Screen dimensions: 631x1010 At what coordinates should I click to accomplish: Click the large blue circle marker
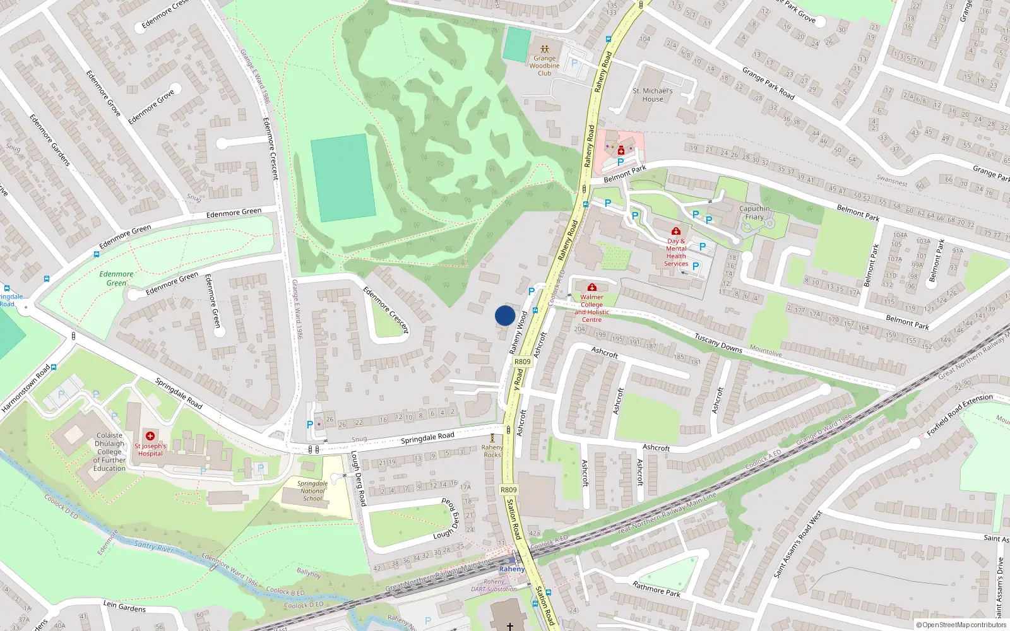tap(505, 315)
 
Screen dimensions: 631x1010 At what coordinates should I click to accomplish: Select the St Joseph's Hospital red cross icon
tap(150, 435)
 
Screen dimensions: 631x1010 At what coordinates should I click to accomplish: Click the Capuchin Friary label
tap(754, 213)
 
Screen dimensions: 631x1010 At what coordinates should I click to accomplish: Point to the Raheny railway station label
tap(511, 569)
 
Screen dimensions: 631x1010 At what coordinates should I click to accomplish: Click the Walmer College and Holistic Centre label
tap(591, 308)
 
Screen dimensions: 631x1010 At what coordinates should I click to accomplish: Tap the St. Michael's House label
tap(653, 95)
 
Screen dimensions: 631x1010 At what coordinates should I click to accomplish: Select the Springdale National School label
tap(312, 491)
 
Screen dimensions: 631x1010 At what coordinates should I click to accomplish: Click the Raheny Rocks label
tap(492, 451)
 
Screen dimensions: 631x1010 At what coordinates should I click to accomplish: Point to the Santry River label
tap(153, 546)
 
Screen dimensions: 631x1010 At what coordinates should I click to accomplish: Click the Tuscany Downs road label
tap(718, 343)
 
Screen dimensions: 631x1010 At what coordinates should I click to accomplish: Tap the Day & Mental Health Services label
tap(676, 252)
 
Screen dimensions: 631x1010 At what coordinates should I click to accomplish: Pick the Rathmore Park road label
tap(656, 589)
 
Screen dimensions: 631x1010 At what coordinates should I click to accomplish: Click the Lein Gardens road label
tap(124, 607)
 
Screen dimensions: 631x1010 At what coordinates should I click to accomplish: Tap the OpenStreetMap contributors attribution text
tap(961, 625)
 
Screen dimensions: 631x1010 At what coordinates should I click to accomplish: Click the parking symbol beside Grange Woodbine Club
tap(574, 63)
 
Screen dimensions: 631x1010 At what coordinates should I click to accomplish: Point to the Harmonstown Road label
tap(25, 389)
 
